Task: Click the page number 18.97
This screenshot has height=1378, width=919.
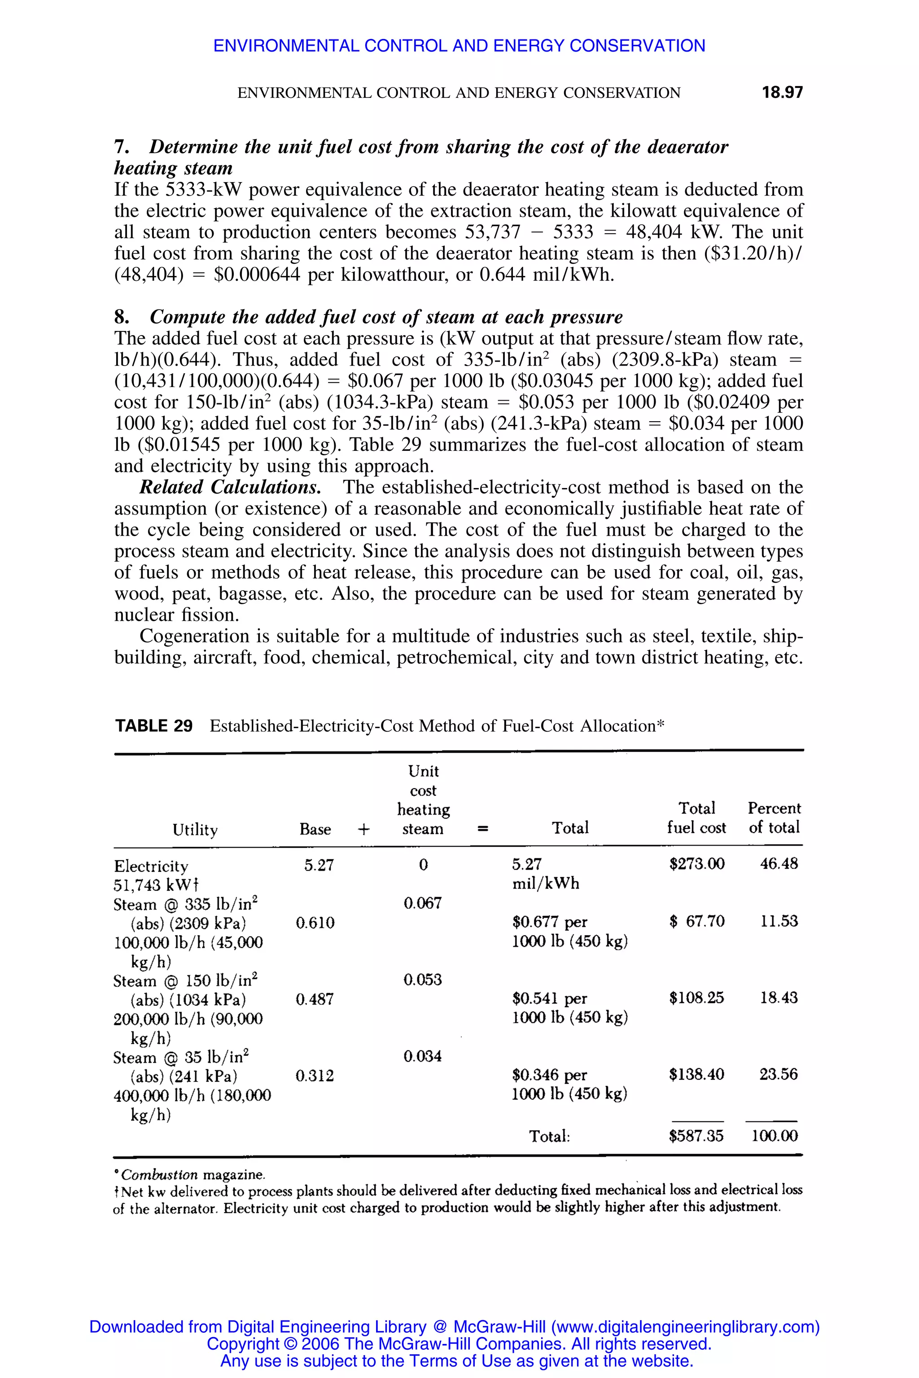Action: [x=782, y=92]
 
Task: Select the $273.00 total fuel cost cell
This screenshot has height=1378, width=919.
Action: [x=697, y=863]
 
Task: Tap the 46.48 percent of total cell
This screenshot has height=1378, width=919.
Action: [x=779, y=863]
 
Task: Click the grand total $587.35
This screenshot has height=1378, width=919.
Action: [x=696, y=1136]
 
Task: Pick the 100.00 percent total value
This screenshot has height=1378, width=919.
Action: [x=774, y=1136]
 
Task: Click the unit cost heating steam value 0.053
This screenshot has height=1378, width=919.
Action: [x=423, y=980]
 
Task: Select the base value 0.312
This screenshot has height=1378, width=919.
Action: [x=315, y=1076]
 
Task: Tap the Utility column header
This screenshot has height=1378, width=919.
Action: [x=195, y=829]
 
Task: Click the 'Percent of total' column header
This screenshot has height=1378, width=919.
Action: [x=774, y=818]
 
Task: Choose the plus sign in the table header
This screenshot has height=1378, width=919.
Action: [x=364, y=829]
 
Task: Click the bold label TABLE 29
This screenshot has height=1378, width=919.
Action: [x=153, y=726]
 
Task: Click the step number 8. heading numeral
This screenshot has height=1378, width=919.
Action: [x=121, y=317]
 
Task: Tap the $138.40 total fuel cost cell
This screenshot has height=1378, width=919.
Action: [x=696, y=1074]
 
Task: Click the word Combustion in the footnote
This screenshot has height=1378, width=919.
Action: [x=159, y=1175]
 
